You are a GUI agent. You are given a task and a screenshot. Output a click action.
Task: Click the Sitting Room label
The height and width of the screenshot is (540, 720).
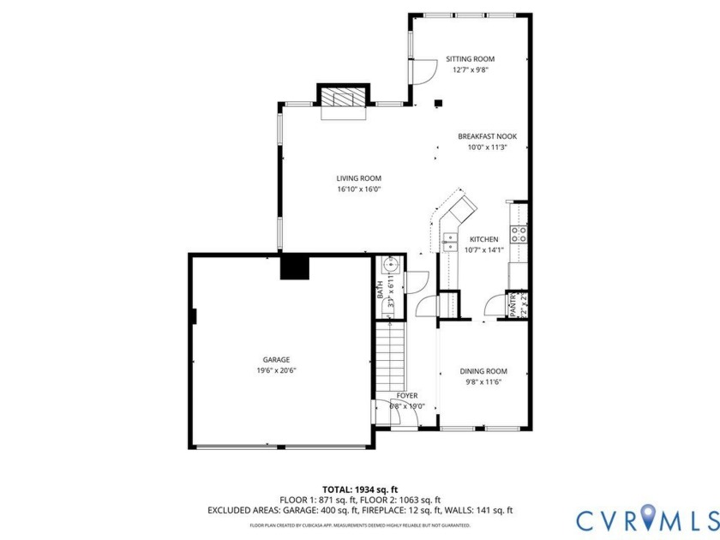[470, 59]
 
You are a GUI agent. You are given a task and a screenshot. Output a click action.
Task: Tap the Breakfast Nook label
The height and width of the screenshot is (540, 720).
[487, 136]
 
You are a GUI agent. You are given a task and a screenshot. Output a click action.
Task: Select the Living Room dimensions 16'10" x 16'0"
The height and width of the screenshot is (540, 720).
[358, 189]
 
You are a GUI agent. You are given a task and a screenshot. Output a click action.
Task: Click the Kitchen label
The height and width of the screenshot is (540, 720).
[483, 239]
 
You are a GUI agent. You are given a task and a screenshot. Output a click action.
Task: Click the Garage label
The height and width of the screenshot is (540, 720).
[276, 359]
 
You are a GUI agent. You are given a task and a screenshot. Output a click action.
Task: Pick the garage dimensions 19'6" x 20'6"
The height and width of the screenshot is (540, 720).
[276, 370]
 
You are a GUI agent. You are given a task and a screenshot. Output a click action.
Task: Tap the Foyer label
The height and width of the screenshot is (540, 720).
[406, 395]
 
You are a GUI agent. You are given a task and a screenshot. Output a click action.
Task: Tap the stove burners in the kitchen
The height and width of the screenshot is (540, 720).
[519, 233]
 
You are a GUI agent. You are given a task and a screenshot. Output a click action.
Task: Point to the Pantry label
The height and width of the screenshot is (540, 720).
[514, 305]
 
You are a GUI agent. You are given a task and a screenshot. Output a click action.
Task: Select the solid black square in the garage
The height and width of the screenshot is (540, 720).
[296, 267]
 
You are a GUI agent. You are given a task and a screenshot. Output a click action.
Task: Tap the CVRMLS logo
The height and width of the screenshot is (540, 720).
[647, 519]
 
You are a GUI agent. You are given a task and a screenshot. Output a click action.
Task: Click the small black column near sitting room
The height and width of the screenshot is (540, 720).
[438, 104]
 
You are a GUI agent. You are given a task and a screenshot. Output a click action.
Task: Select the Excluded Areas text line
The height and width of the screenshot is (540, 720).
[359, 510]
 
